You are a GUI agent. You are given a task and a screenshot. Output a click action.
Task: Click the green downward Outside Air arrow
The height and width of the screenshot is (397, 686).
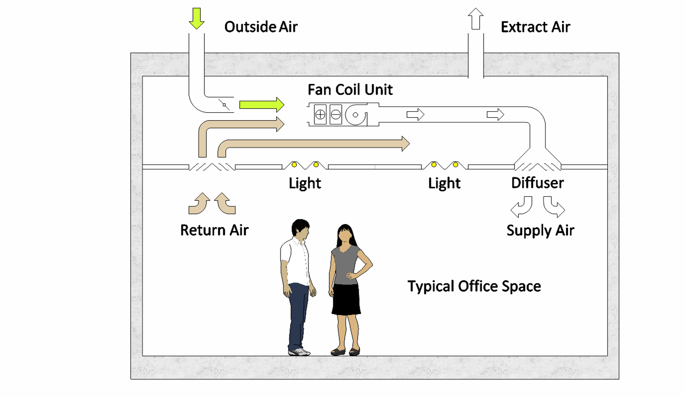point(197,18)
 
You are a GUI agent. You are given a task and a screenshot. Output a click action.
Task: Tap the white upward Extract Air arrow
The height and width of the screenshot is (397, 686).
point(476,19)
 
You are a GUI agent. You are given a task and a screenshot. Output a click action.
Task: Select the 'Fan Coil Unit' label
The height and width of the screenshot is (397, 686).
point(350,89)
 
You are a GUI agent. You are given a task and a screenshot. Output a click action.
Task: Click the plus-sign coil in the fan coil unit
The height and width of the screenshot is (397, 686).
point(320,115)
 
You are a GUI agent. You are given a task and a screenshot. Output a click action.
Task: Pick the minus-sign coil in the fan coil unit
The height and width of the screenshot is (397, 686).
point(336,115)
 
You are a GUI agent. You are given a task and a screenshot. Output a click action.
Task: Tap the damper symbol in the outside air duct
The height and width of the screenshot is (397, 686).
point(225,105)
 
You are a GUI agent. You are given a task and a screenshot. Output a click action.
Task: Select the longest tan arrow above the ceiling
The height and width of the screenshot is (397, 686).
point(313,145)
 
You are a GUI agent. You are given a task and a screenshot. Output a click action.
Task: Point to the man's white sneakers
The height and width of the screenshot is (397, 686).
point(299,352)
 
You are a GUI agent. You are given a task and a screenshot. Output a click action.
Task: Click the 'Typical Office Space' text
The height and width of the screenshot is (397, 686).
point(474,286)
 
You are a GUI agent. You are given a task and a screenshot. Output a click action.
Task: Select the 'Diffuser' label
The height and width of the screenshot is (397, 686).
point(537,183)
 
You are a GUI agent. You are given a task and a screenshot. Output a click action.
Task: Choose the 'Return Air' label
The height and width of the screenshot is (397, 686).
point(214,231)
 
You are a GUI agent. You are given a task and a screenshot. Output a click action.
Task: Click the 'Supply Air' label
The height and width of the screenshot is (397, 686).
point(540,231)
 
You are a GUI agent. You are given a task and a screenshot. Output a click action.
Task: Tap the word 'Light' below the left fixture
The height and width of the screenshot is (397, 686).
point(305,183)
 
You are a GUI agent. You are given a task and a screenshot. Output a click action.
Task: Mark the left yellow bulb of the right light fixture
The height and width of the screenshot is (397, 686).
point(434,164)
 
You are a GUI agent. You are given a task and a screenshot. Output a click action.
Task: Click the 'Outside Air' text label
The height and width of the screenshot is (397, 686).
point(261,26)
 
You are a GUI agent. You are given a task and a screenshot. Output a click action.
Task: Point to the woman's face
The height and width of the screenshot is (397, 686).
point(345,234)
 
